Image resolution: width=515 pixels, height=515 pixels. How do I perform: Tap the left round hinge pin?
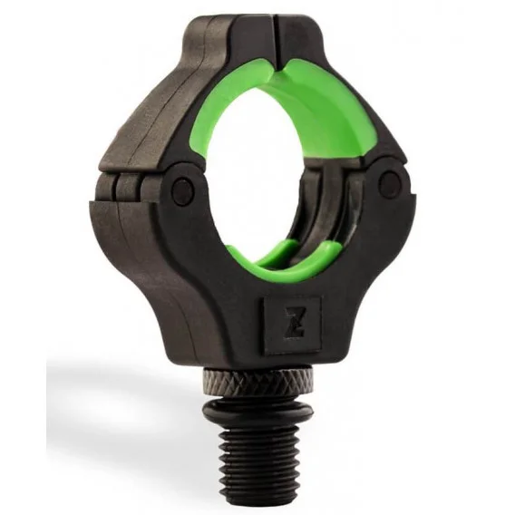pos(182,190)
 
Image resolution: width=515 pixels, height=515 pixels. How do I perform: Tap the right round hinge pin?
pos(390,180)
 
